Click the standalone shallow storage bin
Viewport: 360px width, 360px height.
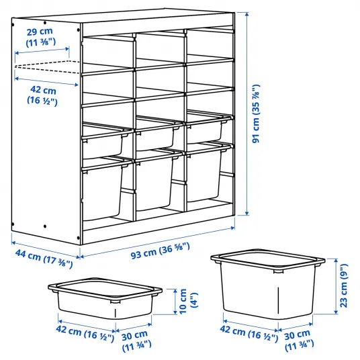click(105, 298)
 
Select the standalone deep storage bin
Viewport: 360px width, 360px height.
click(268, 283)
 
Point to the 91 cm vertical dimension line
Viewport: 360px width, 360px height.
click(246, 114)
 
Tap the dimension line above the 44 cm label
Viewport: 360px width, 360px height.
click(46, 249)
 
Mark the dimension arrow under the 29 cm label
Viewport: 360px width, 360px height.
click(42, 51)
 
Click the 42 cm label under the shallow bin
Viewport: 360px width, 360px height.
click(85, 333)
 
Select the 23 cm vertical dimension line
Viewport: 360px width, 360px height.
click(336, 286)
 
